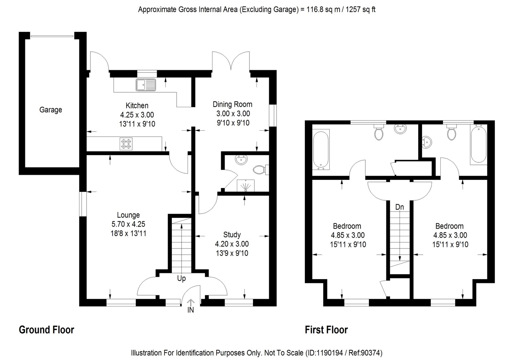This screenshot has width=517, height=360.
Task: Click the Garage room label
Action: point(51,110)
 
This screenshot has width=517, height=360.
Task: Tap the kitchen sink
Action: point(146,85)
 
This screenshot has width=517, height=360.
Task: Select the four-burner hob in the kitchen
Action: point(126,144)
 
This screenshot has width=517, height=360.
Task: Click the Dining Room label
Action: point(233,104)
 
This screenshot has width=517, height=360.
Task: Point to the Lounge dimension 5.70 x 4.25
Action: point(128,224)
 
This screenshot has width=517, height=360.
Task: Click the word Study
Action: point(232,235)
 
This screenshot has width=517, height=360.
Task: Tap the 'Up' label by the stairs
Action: point(181,278)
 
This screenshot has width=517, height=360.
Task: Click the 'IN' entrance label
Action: point(191,310)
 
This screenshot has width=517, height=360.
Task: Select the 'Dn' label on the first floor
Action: point(400,207)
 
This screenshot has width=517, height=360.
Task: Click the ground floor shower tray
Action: point(246,185)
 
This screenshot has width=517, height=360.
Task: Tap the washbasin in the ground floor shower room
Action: point(241,160)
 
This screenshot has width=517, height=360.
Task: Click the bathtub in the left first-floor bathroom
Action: point(321,150)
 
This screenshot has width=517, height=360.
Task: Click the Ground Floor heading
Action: point(46,330)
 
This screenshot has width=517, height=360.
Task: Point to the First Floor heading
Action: point(326,330)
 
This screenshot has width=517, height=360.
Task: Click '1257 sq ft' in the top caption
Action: point(360,10)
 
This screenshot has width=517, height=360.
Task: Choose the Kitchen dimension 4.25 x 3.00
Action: point(137,115)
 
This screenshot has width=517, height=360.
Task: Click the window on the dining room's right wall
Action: point(273,115)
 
